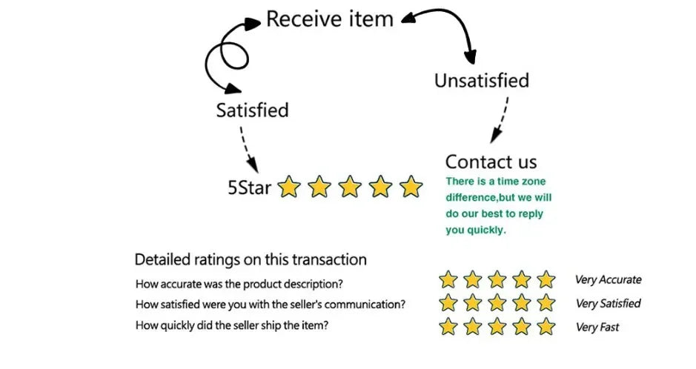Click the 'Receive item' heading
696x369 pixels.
329,19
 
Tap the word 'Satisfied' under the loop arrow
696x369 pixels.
252,110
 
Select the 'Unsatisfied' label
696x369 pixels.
481,80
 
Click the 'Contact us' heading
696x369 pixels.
491,162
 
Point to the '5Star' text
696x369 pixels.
249,187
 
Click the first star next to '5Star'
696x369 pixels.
288,187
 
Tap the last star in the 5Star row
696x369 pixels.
411,187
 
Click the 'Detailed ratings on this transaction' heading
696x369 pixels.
251,260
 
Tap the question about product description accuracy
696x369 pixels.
239,284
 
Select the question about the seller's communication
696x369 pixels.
271,305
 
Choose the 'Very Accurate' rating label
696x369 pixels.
609,280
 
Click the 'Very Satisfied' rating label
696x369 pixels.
609,303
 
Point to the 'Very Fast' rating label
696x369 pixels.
597,327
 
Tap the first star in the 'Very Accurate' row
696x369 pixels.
448,280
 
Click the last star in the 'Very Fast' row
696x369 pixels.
546,326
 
